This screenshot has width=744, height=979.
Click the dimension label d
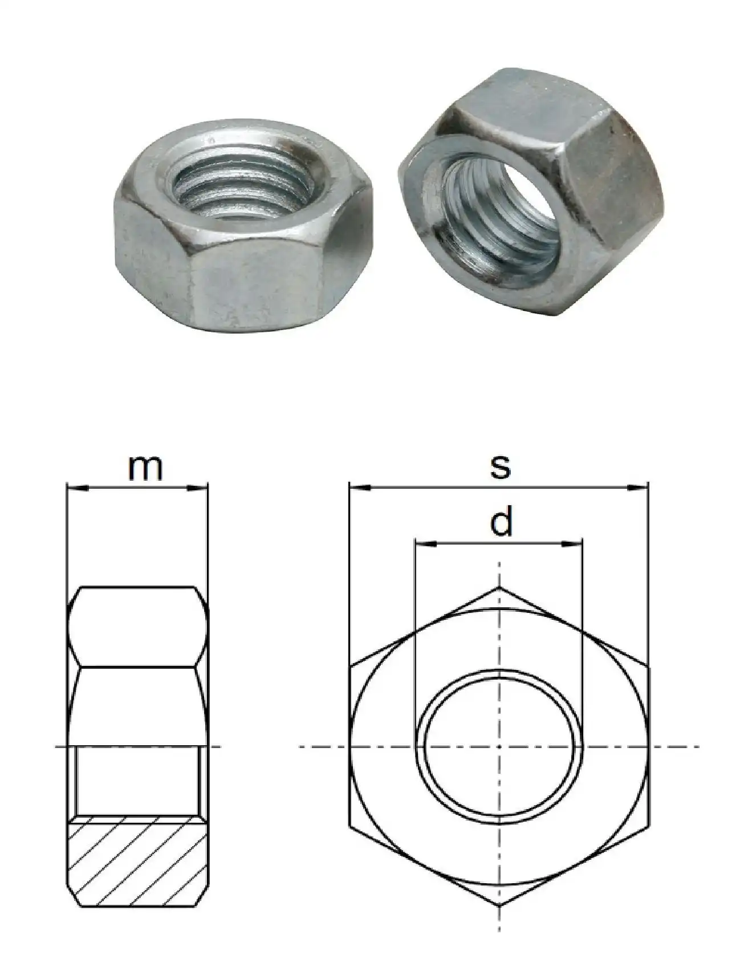click(501, 523)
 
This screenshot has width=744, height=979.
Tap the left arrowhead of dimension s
click(359, 488)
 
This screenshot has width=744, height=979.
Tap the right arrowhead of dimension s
click(639, 488)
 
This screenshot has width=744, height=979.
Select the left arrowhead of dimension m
click(77, 488)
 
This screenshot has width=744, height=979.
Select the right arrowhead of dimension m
click(197, 488)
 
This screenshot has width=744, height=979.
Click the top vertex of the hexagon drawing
click(500, 587)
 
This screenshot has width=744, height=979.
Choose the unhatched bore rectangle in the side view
click(137, 781)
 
